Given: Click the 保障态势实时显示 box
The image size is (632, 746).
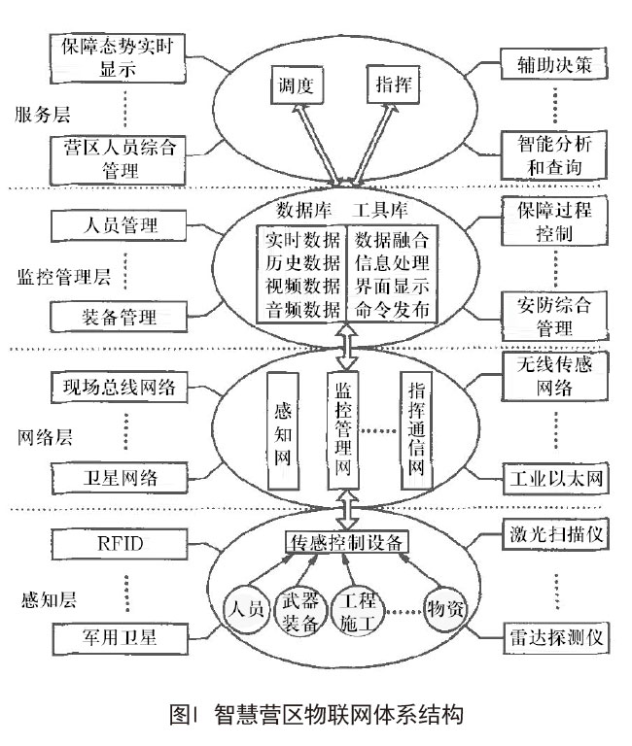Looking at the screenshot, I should click(115, 57).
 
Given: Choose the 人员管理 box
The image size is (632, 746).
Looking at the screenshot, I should click(115, 226).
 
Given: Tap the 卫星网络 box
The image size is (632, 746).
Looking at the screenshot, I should click(115, 476).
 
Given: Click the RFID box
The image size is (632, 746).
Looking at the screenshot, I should click(115, 541).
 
